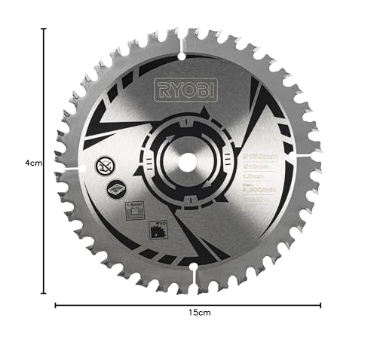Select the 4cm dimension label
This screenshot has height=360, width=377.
tap(32, 161)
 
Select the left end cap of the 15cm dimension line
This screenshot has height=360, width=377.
tap(55, 305)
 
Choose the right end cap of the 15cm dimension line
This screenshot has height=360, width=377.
tap(321, 305)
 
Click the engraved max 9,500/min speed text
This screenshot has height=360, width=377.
tap(260, 191)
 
